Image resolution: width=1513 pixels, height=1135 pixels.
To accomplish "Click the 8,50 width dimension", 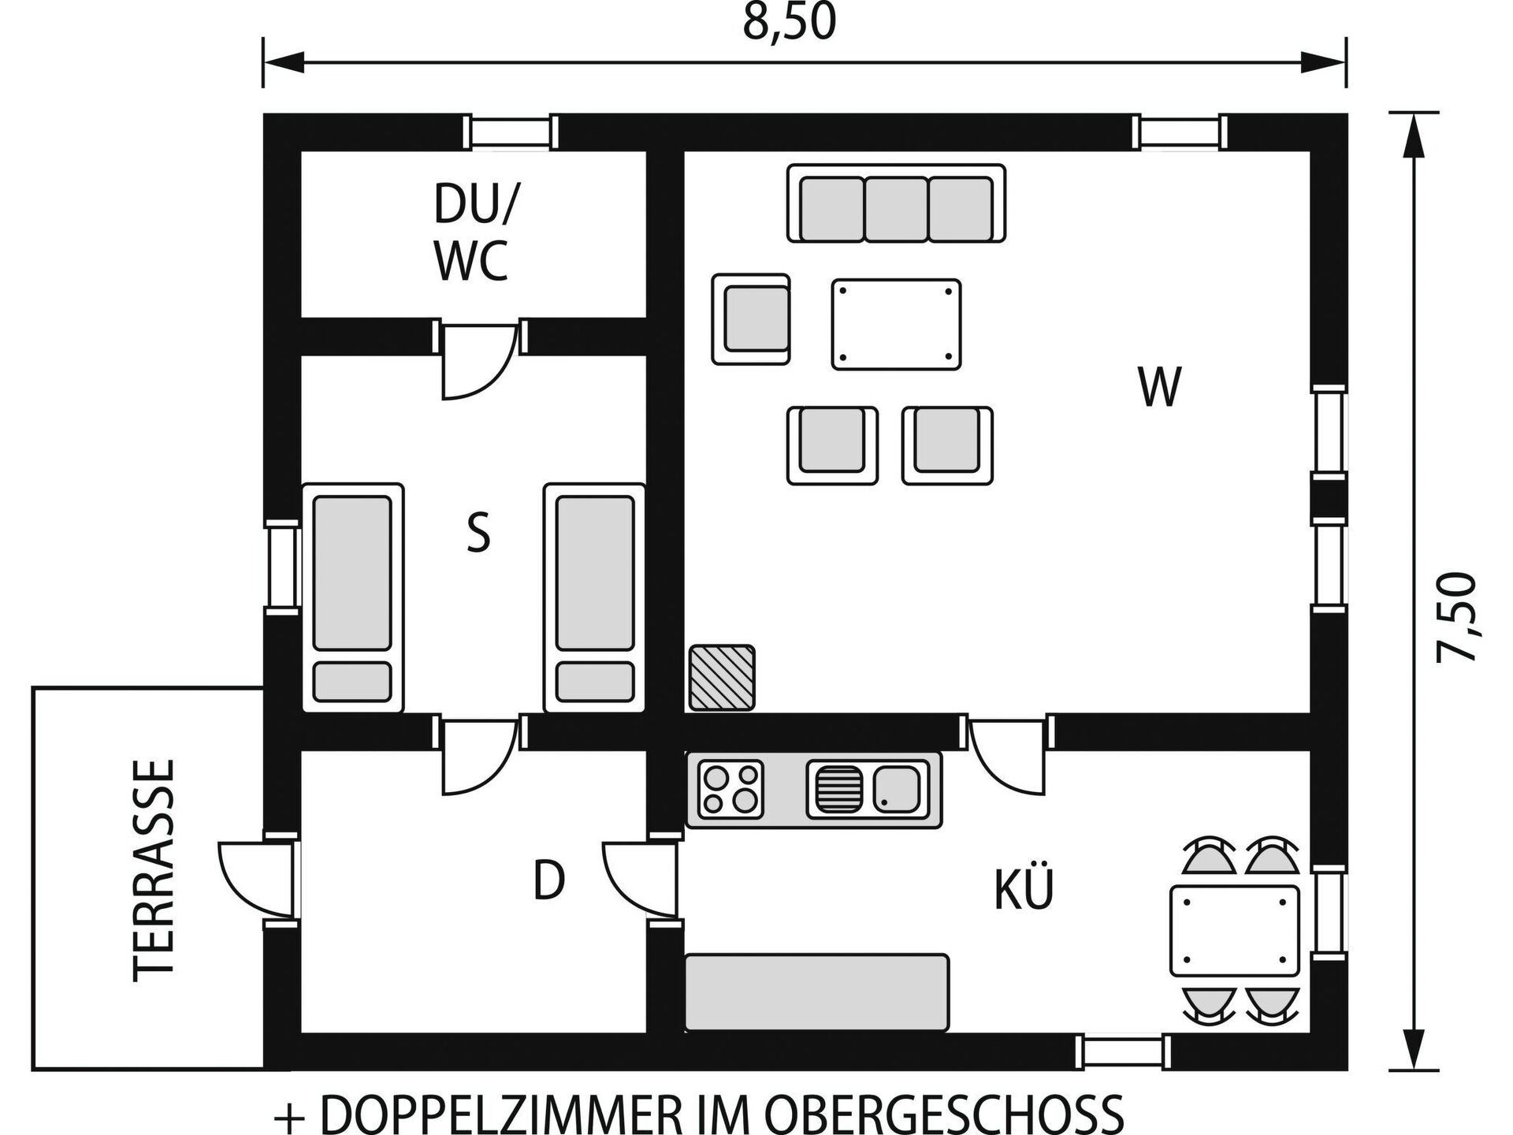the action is pos(790,23).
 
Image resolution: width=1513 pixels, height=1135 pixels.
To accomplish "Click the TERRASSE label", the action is pos(154,871).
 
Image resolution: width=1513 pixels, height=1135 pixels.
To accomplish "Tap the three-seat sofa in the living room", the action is pos(897,203).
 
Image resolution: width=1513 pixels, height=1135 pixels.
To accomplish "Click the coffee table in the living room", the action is pos(897,324).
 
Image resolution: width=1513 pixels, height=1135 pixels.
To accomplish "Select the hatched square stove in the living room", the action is pos(722,677).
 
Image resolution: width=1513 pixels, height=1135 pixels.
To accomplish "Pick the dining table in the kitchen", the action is pos(1234,931).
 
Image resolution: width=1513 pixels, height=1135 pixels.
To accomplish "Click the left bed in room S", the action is pos(353,597).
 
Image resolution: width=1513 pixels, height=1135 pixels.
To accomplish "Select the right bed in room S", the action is pos(595,597).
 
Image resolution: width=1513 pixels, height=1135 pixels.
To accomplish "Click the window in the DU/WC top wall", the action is pos(510,132).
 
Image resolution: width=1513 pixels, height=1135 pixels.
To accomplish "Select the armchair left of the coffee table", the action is pos(751,319).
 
